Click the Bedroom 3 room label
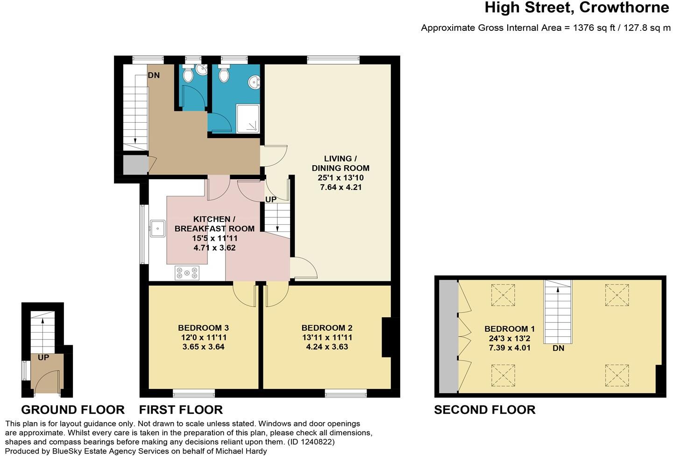[x=203, y=327]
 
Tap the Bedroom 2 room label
[x=326, y=327]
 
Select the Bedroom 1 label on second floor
[x=509, y=328]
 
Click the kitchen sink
[x=157, y=229]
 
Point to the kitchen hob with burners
[x=187, y=273]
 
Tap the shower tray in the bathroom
[x=248, y=118]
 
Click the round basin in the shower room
[x=254, y=82]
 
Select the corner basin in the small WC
[x=202, y=70]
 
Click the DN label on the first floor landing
[x=154, y=75]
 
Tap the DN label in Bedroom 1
[x=558, y=348]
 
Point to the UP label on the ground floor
[x=43, y=357]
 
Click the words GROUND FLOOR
[x=73, y=410]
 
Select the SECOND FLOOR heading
[x=485, y=410]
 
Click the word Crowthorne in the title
[x=624, y=7]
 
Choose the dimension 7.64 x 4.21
[x=340, y=187]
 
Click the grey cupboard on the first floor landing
[x=135, y=165]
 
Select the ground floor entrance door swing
[x=47, y=382]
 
